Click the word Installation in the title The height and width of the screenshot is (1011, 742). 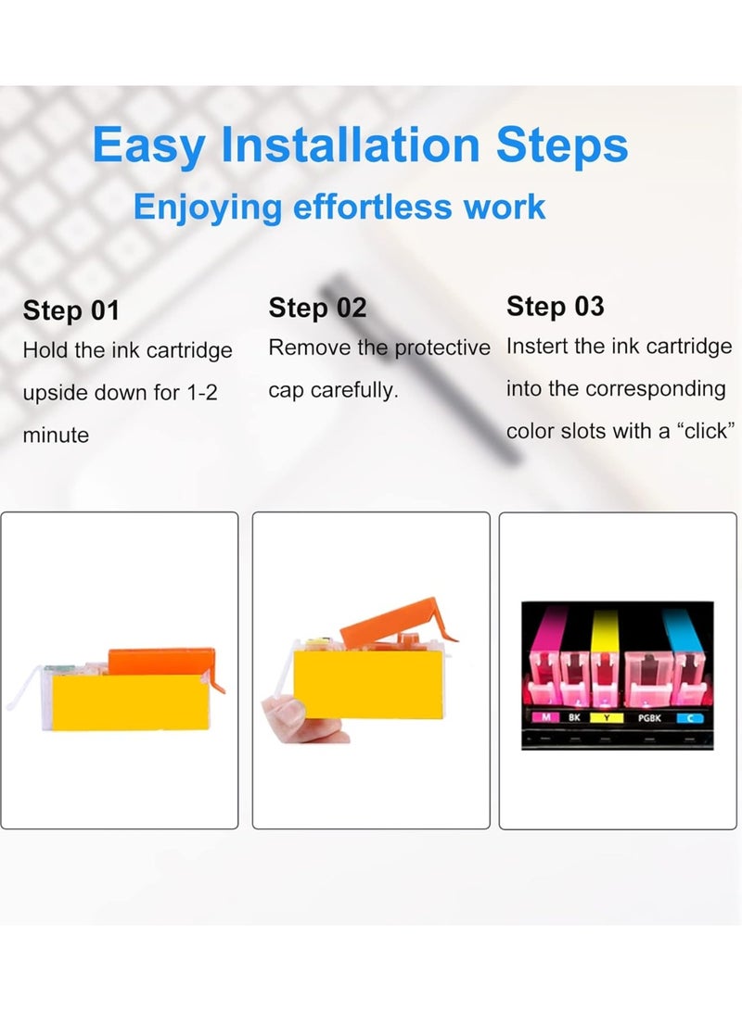tap(351, 145)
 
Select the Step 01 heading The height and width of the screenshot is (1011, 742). tap(71, 310)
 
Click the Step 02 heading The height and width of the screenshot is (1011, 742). tap(317, 308)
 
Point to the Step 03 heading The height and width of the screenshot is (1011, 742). tap(555, 306)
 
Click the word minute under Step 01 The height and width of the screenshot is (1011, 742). tap(57, 435)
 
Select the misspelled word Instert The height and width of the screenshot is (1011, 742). tap(538, 347)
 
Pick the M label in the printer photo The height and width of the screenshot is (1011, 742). tap(546, 717)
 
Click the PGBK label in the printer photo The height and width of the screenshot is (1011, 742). tap(649, 717)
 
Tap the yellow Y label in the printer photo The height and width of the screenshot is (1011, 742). tap(607, 717)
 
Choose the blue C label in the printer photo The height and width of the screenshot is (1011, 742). tap(689, 717)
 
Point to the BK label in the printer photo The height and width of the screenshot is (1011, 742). tap(574, 717)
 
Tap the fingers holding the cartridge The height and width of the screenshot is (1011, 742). tap(303, 719)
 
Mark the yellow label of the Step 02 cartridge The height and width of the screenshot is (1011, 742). tap(368, 684)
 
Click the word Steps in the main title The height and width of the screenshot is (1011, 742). tap(561, 145)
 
